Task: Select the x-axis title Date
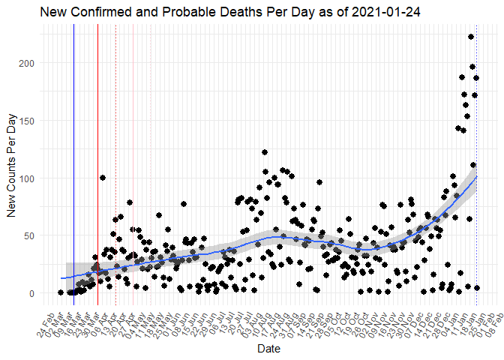pyautogui.click(x=268, y=349)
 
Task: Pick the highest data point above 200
pyautogui.click(x=471, y=37)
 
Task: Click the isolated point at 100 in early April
pyautogui.click(x=102, y=178)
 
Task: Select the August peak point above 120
pyautogui.click(x=264, y=152)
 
